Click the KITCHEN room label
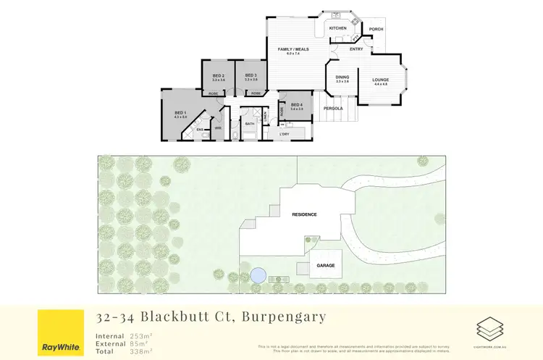click(337, 28)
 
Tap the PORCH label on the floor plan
click(376, 30)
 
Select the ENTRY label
click(356, 49)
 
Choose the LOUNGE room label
click(381, 80)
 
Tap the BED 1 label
click(180, 112)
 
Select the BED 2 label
click(218, 76)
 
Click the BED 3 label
click(251, 76)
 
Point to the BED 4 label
click(296, 105)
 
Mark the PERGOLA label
click(333, 109)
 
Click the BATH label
click(250, 124)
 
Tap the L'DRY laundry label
click(285, 134)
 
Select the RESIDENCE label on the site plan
click(304, 215)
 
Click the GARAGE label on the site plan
click(326, 266)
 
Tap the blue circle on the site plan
click(257, 276)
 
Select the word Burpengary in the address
click(284, 317)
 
